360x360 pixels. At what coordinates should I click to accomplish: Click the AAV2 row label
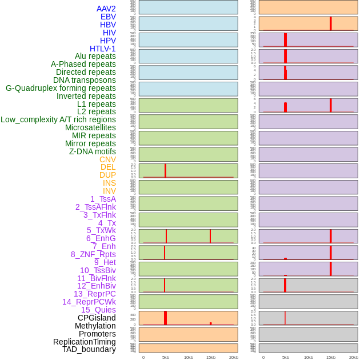pos(106,9)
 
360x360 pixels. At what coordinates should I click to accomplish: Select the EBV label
pos(107,17)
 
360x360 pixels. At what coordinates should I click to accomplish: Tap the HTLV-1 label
pos(102,49)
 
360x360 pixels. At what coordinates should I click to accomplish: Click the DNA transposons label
pos(84,80)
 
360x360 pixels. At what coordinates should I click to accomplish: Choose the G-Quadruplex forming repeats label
pos(61,88)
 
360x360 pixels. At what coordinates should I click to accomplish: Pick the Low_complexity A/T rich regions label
pos(58,119)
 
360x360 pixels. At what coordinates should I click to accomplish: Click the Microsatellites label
pos(90,127)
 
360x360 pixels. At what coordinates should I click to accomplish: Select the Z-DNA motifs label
pos(92,151)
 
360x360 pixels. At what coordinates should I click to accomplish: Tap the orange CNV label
pos(107,159)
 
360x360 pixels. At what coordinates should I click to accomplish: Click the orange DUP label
pos(107,175)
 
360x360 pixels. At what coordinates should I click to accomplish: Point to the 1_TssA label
pos(103,199)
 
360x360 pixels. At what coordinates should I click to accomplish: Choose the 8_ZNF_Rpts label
pos(93,254)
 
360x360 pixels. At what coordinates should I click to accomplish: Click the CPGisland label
pos(97,318)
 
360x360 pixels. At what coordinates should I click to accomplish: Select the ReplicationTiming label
pos(84,342)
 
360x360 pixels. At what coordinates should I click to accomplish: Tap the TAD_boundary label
pos(89,349)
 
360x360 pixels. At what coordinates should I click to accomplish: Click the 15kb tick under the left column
pos(210,357)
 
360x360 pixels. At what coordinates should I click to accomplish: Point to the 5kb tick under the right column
pos(285,357)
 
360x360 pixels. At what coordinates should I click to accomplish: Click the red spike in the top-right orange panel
pos(330,23)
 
